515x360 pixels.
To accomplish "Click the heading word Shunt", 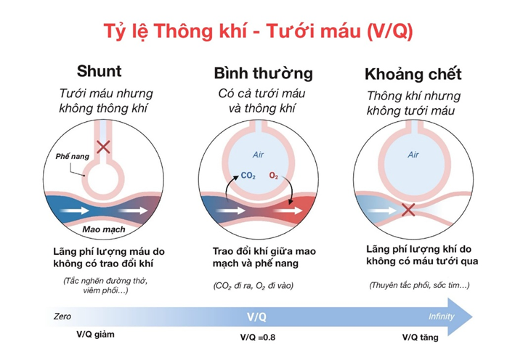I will click(x=99, y=72).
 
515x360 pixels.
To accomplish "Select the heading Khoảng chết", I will click(x=413, y=74).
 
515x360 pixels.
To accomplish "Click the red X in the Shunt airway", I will click(x=104, y=147).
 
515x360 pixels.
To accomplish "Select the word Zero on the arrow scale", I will click(x=63, y=316).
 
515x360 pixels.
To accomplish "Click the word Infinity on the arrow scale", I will click(x=442, y=317).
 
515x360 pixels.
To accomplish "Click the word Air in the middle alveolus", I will click(x=261, y=154).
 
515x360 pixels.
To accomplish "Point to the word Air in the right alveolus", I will click(x=413, y=154).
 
